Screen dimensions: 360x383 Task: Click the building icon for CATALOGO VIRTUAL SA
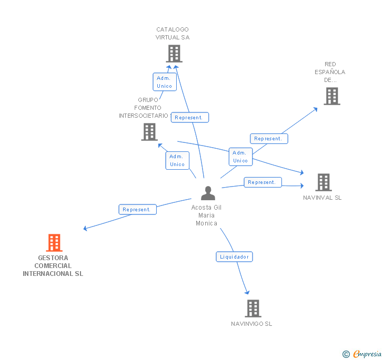pos(174,54)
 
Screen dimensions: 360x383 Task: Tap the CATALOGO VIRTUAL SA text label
pos(173,34)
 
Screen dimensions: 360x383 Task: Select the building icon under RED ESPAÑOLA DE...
pos(331,96)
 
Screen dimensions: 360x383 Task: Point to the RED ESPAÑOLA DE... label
pos(330,72)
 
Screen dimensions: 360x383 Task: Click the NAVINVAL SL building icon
pos(323,182)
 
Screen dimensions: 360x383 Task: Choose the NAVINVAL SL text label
pos(322,198)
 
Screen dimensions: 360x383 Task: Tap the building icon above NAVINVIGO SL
pos(253,308)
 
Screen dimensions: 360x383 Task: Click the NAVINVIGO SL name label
pos(251,324)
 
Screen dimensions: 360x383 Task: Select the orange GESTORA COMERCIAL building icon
pos(54,243)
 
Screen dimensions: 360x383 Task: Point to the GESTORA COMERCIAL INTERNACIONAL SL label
pos(53,266)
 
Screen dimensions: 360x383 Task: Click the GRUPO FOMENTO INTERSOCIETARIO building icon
pos(149,132)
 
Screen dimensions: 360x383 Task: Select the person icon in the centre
pos(208,193)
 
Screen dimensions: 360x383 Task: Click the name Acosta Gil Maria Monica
pos(206,215)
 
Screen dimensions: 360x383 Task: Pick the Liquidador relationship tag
pos(235,256)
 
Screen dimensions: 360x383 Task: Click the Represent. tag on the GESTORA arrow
pos(137,209)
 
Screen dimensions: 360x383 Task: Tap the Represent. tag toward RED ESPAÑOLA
pos(268,139)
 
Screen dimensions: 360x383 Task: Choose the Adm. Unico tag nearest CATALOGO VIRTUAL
pos(164,82)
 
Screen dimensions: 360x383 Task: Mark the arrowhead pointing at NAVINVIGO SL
pos(246,292)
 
